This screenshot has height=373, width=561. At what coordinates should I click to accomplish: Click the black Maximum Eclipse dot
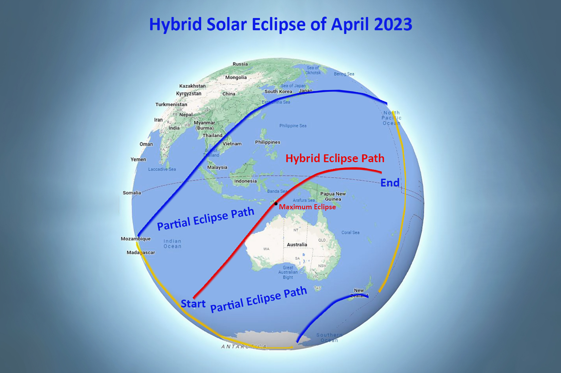pyautogui.click(x=276, y=204)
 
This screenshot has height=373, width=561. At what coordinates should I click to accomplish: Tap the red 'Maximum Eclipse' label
pyautogui.click(x=307, y=207)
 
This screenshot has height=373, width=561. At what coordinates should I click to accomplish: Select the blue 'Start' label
pyautogui.click(x=193, y=303)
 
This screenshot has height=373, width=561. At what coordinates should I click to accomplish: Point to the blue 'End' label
pyautogui.click(x=390, y=183)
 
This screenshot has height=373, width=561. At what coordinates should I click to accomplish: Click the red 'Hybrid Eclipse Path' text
pyautogui.click(x=335, y=158)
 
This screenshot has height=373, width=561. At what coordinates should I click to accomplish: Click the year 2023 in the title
pyautogui.click(x=393, y=24)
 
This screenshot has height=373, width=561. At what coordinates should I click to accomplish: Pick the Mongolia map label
pyautogui.click(x=236, y=77)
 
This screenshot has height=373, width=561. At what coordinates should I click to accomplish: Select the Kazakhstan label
pyautogui.click(x=192, y=86)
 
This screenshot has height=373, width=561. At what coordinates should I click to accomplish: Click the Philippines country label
pyautogui.click(x=267, y=142)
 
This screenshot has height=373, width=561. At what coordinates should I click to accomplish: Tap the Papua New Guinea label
pyautogui.click(x=333, y=196)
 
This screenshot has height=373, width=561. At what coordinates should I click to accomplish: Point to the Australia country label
pyautogui.click(x=297, y=245)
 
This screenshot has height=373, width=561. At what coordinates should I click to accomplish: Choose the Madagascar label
pyautogui.click(x=141, y=252)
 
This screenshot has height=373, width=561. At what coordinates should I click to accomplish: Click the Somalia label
pyautogui.click(x=132, y=193)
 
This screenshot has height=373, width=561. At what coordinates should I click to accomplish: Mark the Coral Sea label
pyautogui.click(x=350, y=233)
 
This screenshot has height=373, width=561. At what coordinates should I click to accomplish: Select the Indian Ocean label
pyautogui.click(x=172, y=244)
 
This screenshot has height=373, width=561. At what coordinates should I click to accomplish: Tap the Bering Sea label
pyautogui.click(x=344, y=74)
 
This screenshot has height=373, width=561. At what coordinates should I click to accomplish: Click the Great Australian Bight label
pyautogui.click(x=288, y=272)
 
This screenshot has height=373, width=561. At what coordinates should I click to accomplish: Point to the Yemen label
pyautogui.click(x=138, y=159)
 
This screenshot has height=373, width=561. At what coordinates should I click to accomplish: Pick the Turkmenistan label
pyautogui.click(x=171, y=104)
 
